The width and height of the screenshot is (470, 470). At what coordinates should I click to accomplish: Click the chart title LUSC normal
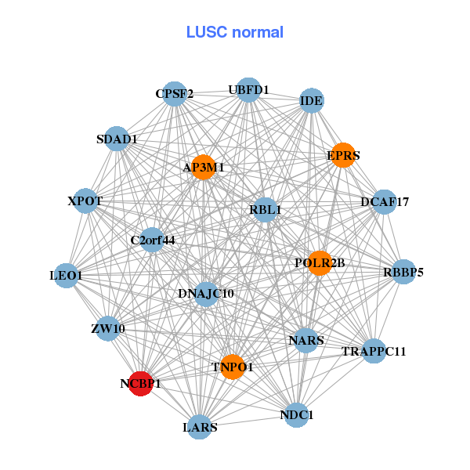(x=234, y=32)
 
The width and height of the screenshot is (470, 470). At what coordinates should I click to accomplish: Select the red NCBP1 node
(x=140, y=384)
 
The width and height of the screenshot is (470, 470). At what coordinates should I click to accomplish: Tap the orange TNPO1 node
(x=233, y=367)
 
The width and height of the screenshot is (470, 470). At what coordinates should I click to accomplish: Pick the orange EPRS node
(x=343, y=155)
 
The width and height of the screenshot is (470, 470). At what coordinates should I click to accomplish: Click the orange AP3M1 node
(x=204, y=167)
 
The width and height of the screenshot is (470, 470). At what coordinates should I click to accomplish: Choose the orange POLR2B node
(x=320, y=262)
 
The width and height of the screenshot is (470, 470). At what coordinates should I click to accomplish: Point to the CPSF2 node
(x=174, y=94)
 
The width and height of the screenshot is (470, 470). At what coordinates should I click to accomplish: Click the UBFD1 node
(x=248, y=90)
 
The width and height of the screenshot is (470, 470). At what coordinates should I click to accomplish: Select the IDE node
(x=312, y=100)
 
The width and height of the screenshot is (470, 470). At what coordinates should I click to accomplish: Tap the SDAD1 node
(x=117, y=139)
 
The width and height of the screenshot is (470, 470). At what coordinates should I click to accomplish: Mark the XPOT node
(x=85, y=201)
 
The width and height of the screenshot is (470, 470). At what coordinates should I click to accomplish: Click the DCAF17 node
(x=385, y=202)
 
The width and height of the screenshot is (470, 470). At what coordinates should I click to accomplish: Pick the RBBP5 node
(x=403, y=273)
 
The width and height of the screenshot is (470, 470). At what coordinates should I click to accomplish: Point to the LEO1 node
(x=66, y=276)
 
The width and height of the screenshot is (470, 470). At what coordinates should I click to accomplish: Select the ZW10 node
(x=108, y=328)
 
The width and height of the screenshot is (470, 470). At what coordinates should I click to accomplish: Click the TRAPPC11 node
(x=374, y=351)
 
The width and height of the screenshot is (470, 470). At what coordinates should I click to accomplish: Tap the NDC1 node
(x=296, y=414)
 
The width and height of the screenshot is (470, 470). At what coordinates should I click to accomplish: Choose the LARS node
(x=200, y=427)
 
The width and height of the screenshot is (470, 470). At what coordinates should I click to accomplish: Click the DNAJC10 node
(x=206, y=294)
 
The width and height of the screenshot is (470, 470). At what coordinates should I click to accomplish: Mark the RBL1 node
(x=266, y=210)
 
